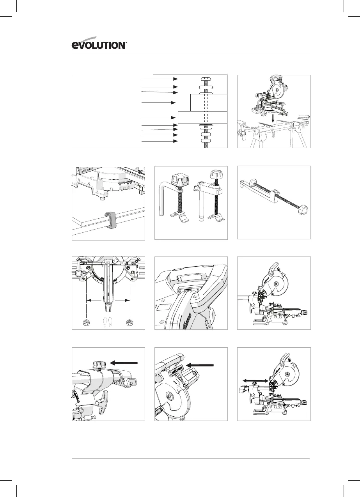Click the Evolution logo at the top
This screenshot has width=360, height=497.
point(99,45)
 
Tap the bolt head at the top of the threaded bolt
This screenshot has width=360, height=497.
point(206,78)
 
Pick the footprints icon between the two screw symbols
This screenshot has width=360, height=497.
point(108,322)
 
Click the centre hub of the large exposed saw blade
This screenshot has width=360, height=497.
point(170,396)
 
